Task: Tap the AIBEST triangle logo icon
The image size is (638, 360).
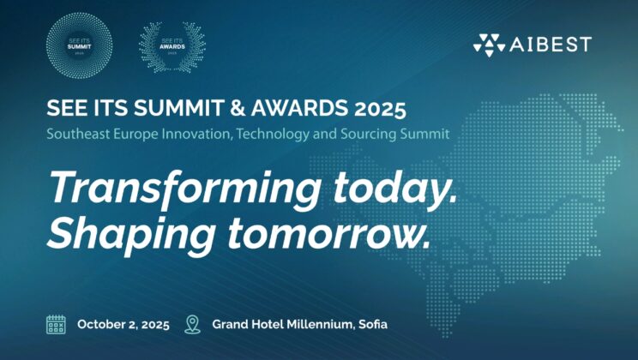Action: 490,44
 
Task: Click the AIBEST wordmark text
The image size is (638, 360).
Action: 551,44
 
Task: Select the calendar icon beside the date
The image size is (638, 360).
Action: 56,324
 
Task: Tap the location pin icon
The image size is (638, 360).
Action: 192,324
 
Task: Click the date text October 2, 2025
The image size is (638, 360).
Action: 123,325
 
